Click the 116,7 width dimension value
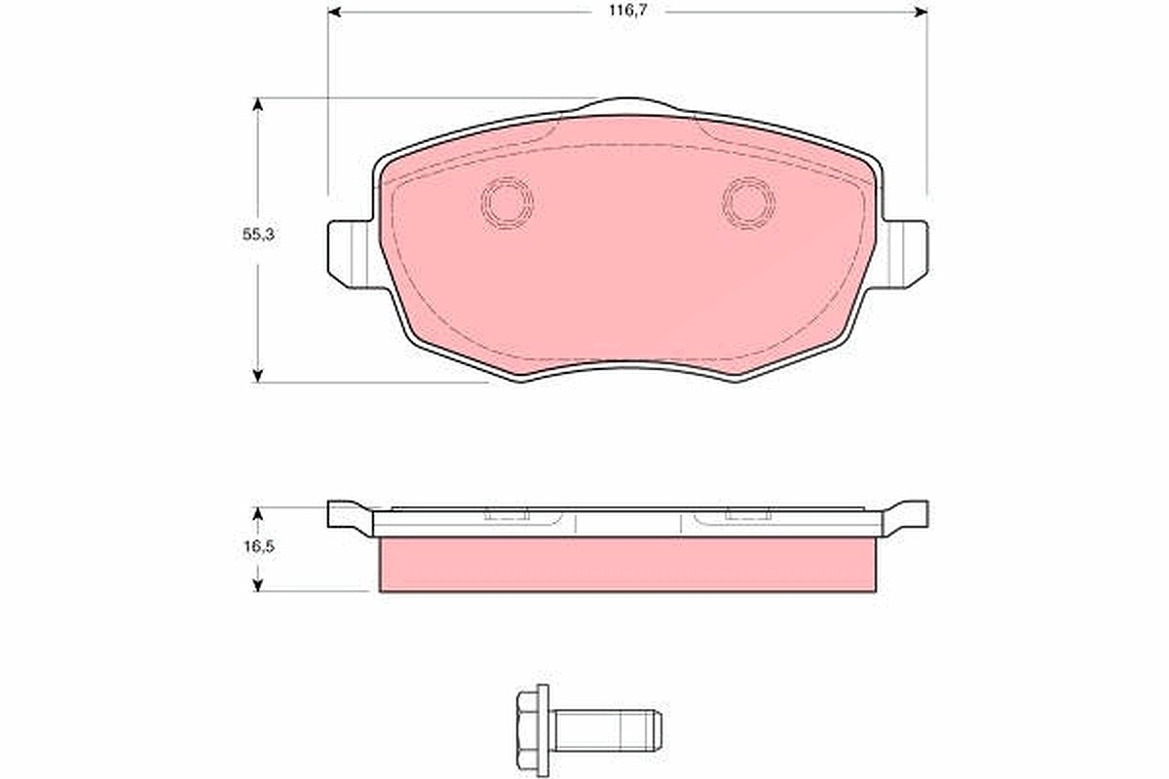click(x=628, y=11)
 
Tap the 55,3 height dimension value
click(x=258, y=235)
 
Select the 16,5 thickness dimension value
click(x=258, y=547)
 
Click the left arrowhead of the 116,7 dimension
click(x=334, y=12)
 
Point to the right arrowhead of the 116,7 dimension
click(x=921, y=12)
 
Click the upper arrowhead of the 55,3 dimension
click(x=257, y=104)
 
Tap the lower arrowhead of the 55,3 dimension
click(x=257, y=376)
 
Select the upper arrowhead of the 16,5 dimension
click(x=257, y=513)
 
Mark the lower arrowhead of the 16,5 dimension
click(x=257, y=585)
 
